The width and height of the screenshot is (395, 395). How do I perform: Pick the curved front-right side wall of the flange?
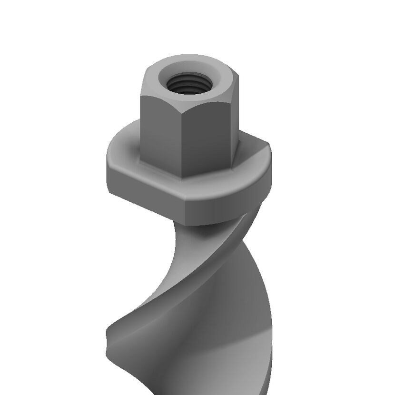click(x=228, y=205)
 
